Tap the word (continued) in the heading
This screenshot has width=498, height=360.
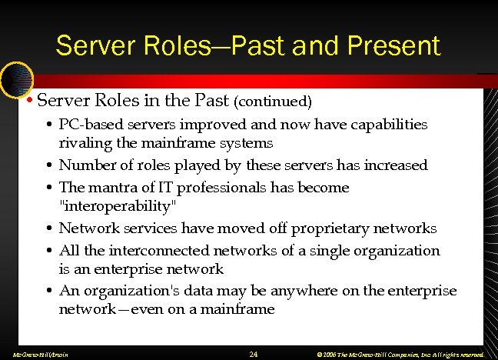pos(273,101)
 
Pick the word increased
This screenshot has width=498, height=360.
pos(394,165)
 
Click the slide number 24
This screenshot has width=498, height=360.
pos(254,354)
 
